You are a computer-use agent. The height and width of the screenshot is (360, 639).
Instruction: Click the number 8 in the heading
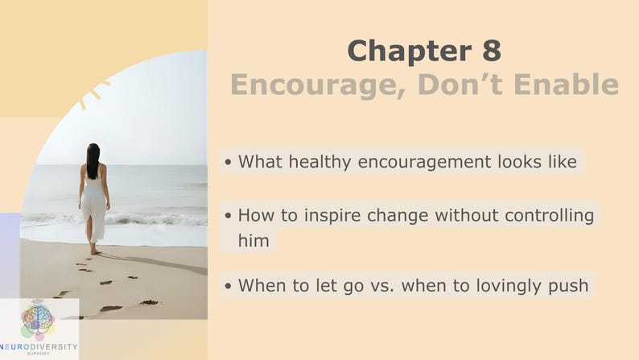pyautogui.click(x=492, y=50)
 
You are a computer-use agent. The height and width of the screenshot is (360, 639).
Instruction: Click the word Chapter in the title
pyautogui.click(x=410, y=50)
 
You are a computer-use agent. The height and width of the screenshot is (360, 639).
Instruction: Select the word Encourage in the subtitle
pyautogui.click(x=315, y=85)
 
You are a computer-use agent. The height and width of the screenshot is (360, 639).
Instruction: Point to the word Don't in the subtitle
pyautogui.click(x=460, y=85)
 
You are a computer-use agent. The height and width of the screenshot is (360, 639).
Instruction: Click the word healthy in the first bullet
pyautogui.click(x=320, y=162)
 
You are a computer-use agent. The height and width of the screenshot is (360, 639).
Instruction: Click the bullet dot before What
pyautogui.click(x=228, y=162)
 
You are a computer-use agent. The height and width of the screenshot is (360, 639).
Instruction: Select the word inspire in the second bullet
pyautogui.click(x=332, y=216)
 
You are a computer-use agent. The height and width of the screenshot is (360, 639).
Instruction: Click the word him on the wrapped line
pyautogui.click(x=254, y=241)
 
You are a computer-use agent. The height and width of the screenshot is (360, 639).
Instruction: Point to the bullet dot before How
pyautogui.click(x=228, y=216)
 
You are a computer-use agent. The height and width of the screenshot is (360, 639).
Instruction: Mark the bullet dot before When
pyautogui.click(x=228, y=286)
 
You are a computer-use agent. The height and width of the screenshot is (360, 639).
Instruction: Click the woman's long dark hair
pyautogui.click(x=93, y=160)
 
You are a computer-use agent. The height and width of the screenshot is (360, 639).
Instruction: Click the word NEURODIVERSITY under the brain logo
pyautogui.click(x=39, y=347)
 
